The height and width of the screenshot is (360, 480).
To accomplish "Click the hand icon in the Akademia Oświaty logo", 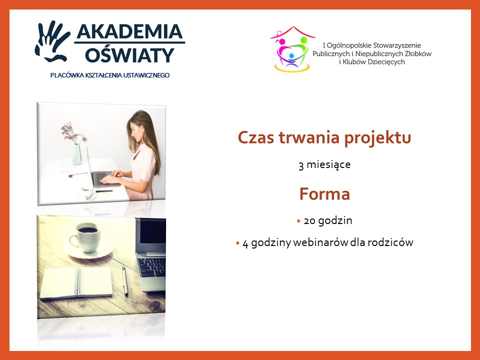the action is tap(51, 41).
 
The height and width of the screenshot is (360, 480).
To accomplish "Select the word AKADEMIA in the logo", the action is tap(129, 31).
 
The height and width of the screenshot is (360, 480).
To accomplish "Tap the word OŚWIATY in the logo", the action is tap(129, 54).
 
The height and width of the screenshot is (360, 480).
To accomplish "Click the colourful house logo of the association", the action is tap(292, 49).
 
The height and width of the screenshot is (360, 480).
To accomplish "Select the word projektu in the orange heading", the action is tap(377, 138).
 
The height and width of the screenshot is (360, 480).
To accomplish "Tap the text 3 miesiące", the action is tap(324, 164).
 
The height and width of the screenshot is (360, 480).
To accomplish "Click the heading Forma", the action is tap(324, 194).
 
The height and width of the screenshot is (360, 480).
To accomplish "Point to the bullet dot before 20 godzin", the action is tap(299, 220).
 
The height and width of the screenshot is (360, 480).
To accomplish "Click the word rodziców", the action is tap(390, 242).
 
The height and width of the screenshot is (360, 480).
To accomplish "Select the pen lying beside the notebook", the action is tap(125, 280).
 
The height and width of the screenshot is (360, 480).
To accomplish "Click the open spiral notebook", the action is tap(76, 283).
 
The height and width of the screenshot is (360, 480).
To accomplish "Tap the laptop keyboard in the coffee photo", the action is tap(152, 266).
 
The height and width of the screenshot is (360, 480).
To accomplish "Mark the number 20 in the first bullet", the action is tap(309, 220).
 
